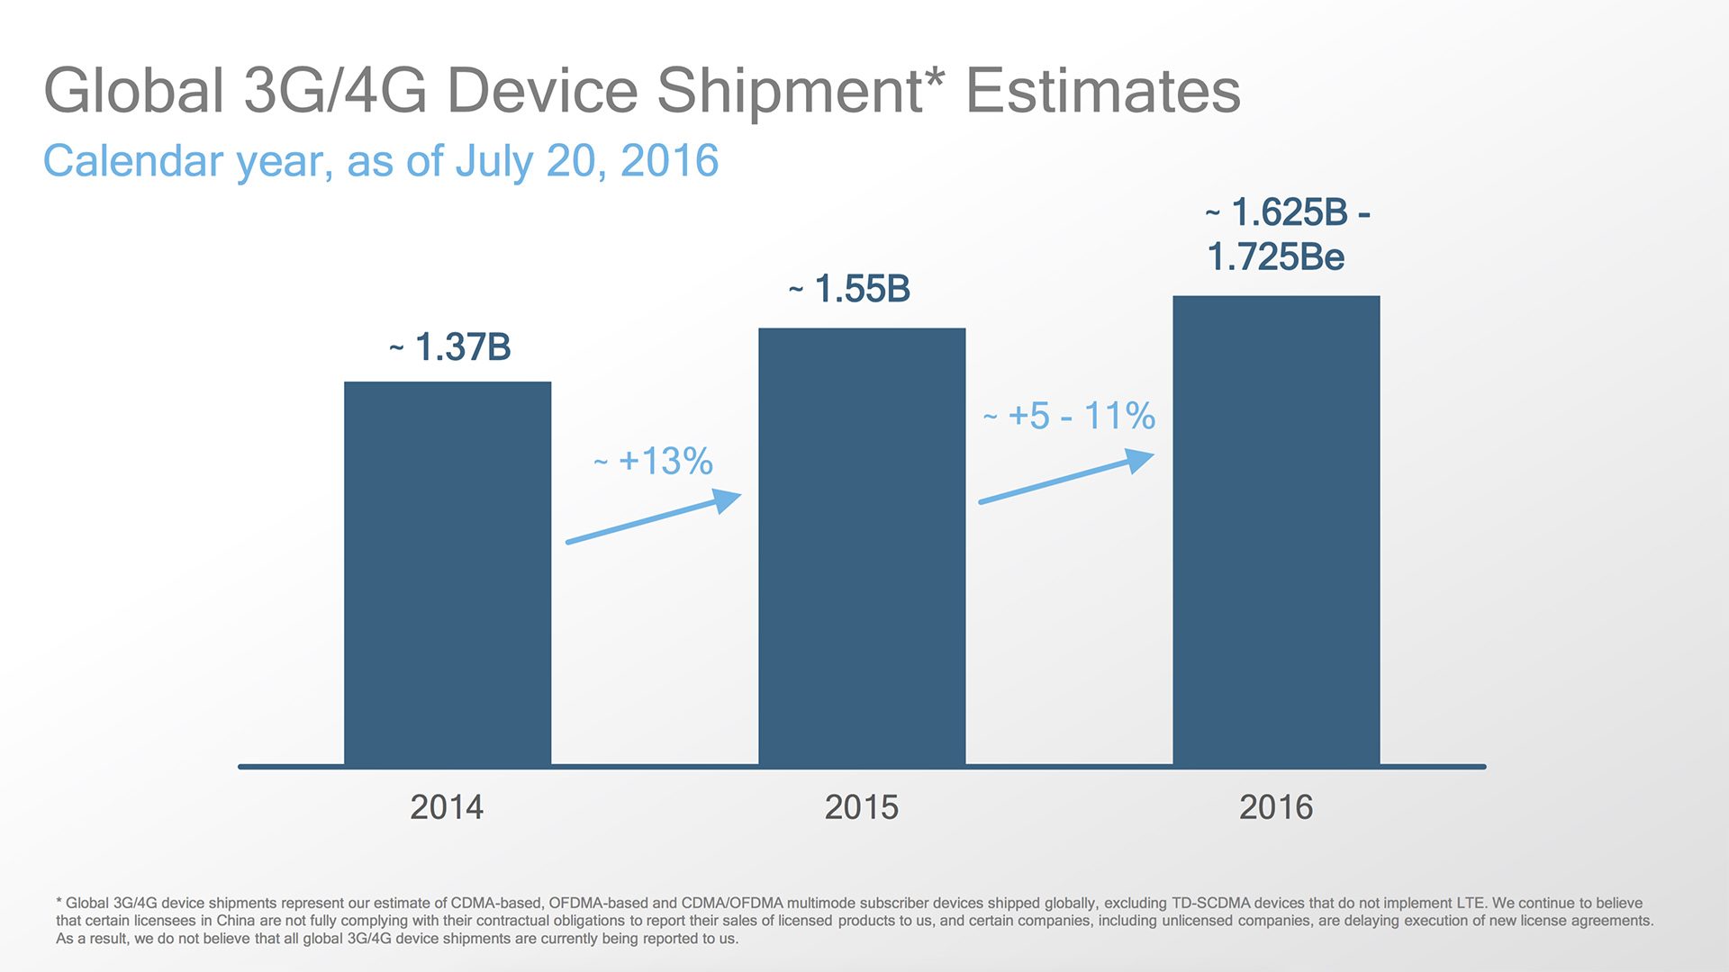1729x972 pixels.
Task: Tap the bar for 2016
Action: pyautogui.click(x=1276, y=531)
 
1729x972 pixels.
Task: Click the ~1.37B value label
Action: pyautogui.click(x=450, y=347)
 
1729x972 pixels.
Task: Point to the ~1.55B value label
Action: pyautogui.click(x=850, y=290)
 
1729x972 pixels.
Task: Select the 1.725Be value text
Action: pyautogui.click(x=1275, y=257)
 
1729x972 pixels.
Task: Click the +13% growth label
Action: pyautogui.click(x=655, y=462)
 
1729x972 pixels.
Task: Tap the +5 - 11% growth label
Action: pyautogui.click(x=1070, y=417)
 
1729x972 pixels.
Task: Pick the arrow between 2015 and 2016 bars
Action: pyautogui.click(x=1067, y=477)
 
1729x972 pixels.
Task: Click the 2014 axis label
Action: pyautogui.click(x=447, y=807)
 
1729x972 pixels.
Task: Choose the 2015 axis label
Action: pyautogui.click(x=862, y=807)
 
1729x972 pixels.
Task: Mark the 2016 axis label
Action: pyautogui.click(x=1276, y=807)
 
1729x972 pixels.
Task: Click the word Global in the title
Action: pyautogui.click(x=133, y=91)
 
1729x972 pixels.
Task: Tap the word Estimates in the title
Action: pyautogui.click(x=1103, y=91)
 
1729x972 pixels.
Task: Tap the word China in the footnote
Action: pyautogui.click(x=236, y=921)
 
